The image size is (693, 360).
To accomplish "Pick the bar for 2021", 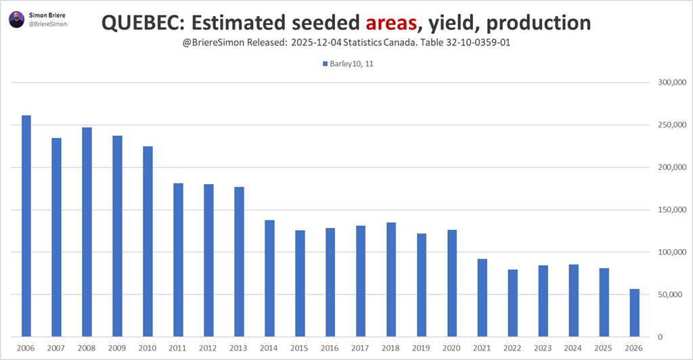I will pos(483,298).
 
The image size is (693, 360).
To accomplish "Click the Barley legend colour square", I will pos(326,65).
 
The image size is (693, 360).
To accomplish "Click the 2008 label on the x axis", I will pos(87,348).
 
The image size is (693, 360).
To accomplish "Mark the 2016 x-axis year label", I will pos(330,348).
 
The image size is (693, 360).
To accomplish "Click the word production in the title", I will pos(539,24).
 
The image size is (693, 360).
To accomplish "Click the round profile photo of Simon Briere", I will pos(16,19).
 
